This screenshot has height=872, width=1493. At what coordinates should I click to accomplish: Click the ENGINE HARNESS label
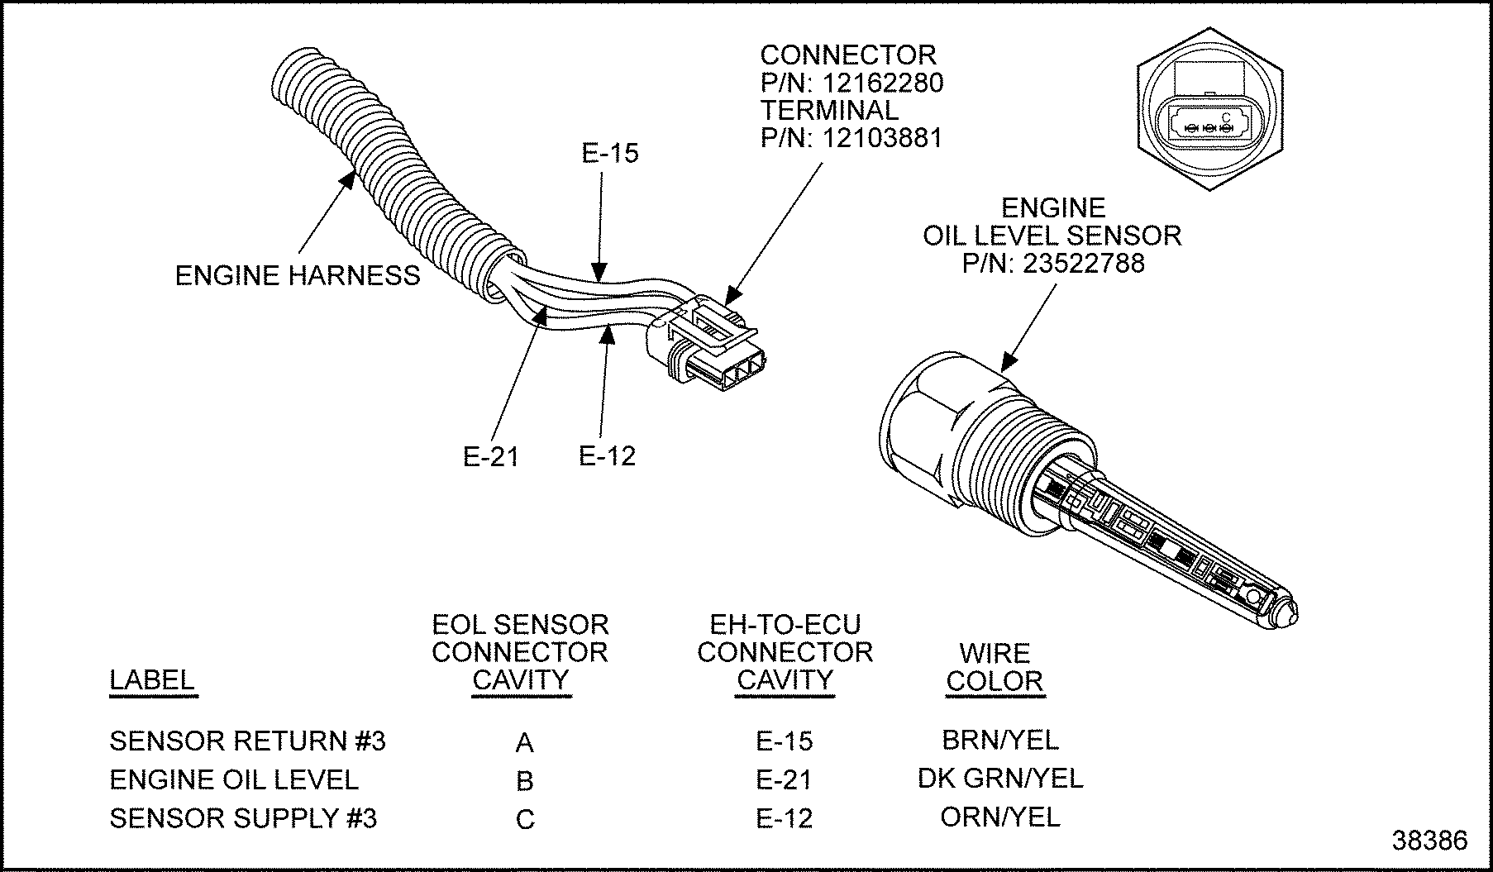click(x=298, y=275)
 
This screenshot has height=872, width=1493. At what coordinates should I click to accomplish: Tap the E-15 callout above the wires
click(x=610, y=153)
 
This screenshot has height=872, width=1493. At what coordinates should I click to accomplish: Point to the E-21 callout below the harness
click(x=490, y=456)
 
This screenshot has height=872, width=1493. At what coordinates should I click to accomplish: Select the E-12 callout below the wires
click(x=607, y=455)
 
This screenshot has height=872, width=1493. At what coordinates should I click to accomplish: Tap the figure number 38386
click(x=1430, y=841)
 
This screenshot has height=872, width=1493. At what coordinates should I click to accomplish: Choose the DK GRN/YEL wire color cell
click(x=999, y=778)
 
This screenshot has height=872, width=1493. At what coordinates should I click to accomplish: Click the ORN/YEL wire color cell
click(x=999, y=817)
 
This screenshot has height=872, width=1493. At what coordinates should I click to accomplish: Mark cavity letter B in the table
click(x=524, y=781)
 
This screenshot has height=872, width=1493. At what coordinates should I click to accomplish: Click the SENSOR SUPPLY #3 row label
click(x=243, y=818)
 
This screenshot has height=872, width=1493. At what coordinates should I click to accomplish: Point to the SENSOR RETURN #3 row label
click(x=247, y=741)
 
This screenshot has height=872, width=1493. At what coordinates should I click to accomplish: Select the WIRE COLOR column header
click(x=995, y=667)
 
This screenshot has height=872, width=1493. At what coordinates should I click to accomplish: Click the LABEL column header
click(x=152, y=680)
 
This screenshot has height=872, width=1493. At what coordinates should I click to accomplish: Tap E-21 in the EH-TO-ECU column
click(x=784, y=779)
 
